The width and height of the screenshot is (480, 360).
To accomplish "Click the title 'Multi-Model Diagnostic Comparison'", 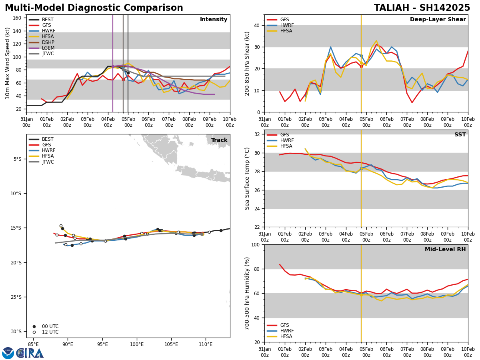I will [x=94, y=8].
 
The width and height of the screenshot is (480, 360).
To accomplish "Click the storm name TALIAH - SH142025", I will [x=422, y=8].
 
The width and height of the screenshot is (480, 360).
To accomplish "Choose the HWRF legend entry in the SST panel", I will [x=287, y=141].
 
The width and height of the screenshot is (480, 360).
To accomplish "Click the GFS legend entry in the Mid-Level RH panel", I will [x=284, y=325].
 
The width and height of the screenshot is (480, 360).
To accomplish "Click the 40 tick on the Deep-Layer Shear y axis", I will [x=257, y=25].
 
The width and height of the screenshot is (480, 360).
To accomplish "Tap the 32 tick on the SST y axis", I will [x=257, y=134].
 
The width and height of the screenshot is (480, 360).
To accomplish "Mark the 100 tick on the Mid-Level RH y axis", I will [x=255, y=244].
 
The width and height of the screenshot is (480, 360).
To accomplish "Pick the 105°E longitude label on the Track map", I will [x=171, y=344].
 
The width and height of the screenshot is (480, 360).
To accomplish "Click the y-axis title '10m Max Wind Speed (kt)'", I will [x=8, y=63].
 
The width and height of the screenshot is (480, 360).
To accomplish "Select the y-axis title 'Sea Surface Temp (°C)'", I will [x=247, y=178].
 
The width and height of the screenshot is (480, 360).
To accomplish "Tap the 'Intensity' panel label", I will [x=214, y=20].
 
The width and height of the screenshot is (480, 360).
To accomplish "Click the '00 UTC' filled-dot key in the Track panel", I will [x=50, y=326].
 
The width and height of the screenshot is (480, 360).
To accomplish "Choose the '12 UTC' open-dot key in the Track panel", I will [x=50, y=332].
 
